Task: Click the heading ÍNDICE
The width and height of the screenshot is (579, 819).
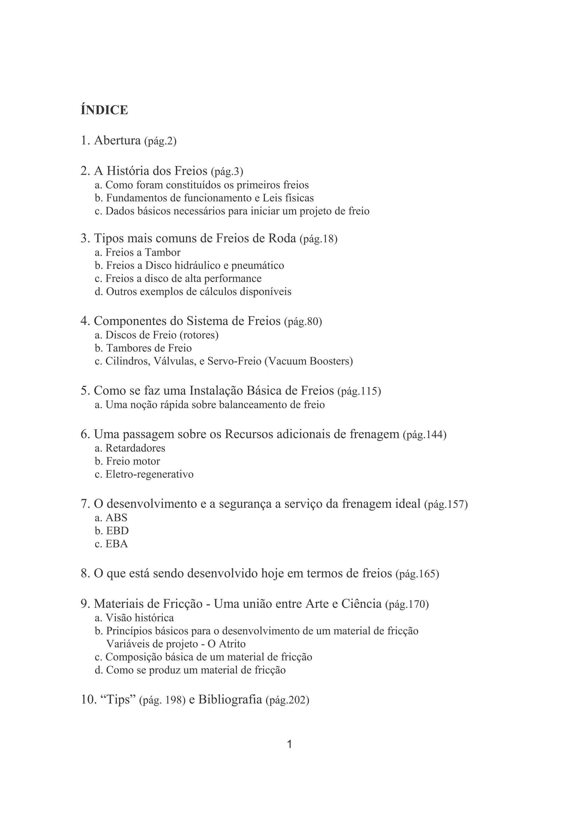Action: click(104, 110)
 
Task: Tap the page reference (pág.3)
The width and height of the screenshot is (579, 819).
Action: click(227, 172)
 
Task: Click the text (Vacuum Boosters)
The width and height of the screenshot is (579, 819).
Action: click(309, 361)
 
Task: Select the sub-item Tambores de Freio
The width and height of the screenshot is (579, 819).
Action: click(149, 348)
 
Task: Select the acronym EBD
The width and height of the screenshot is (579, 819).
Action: click(117, 531)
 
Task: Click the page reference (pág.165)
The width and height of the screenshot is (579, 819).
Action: click(417, 574)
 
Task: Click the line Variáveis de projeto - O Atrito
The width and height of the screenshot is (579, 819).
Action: click(176, 644)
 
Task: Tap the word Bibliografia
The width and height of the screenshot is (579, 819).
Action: click(230, 699)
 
